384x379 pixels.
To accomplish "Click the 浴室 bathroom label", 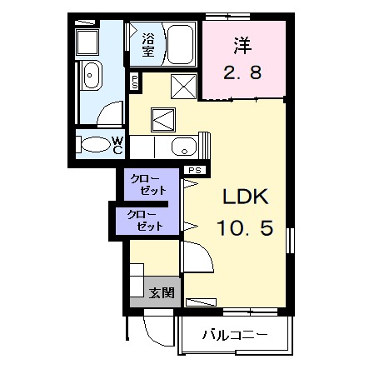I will pos(147,45).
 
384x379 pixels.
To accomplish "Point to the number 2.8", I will pos(242,72).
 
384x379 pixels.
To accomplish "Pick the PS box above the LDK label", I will pos(195,171).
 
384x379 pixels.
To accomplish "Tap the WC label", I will pos(118,145).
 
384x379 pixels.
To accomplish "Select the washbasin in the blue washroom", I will pos(90,77).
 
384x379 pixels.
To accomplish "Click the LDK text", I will pos(243,199).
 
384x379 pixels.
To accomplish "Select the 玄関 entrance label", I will pos(162,292).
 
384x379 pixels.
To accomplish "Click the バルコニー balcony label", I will pos(235,336).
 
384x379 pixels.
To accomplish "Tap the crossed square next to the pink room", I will pos(185,85).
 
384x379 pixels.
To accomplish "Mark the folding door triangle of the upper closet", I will pos(186,187).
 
